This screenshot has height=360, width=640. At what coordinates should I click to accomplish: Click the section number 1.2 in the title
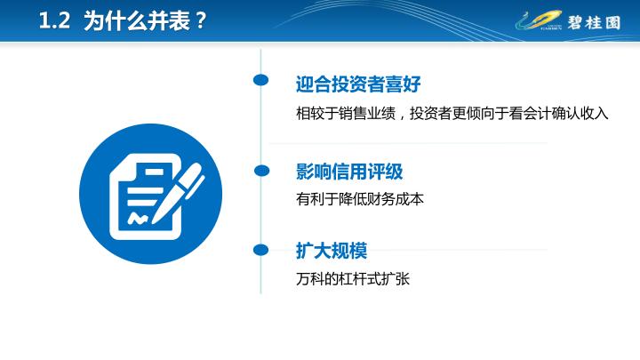tap(54, 20)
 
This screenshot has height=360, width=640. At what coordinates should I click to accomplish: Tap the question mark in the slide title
tap(200, 20)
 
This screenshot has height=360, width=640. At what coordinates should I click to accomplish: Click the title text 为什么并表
tap(137, 20)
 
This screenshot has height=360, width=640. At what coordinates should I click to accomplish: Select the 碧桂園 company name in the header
tap(594, 22)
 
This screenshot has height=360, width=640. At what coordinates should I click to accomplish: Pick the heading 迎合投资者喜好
tap(358, 84)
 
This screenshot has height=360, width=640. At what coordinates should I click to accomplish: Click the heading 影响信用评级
tap(349, 171)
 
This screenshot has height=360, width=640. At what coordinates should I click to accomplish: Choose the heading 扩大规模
tap(332, 250)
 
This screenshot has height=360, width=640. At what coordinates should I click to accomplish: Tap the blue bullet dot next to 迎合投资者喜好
tap(260, 80)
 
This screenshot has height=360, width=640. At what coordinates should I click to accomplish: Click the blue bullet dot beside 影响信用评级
tap(261, 170)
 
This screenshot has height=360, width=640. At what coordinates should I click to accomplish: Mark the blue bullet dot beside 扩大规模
tap(260, 250)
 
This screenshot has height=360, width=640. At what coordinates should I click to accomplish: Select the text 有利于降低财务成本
tap(360, 199)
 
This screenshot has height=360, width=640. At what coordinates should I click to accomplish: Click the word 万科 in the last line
tap(310, 279)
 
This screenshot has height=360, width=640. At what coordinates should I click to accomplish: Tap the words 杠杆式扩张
tap(374, 279)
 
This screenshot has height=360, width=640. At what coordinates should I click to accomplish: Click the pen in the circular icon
tap(178, 193)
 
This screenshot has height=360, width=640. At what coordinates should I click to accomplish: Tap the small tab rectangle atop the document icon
tap(155, 172)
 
